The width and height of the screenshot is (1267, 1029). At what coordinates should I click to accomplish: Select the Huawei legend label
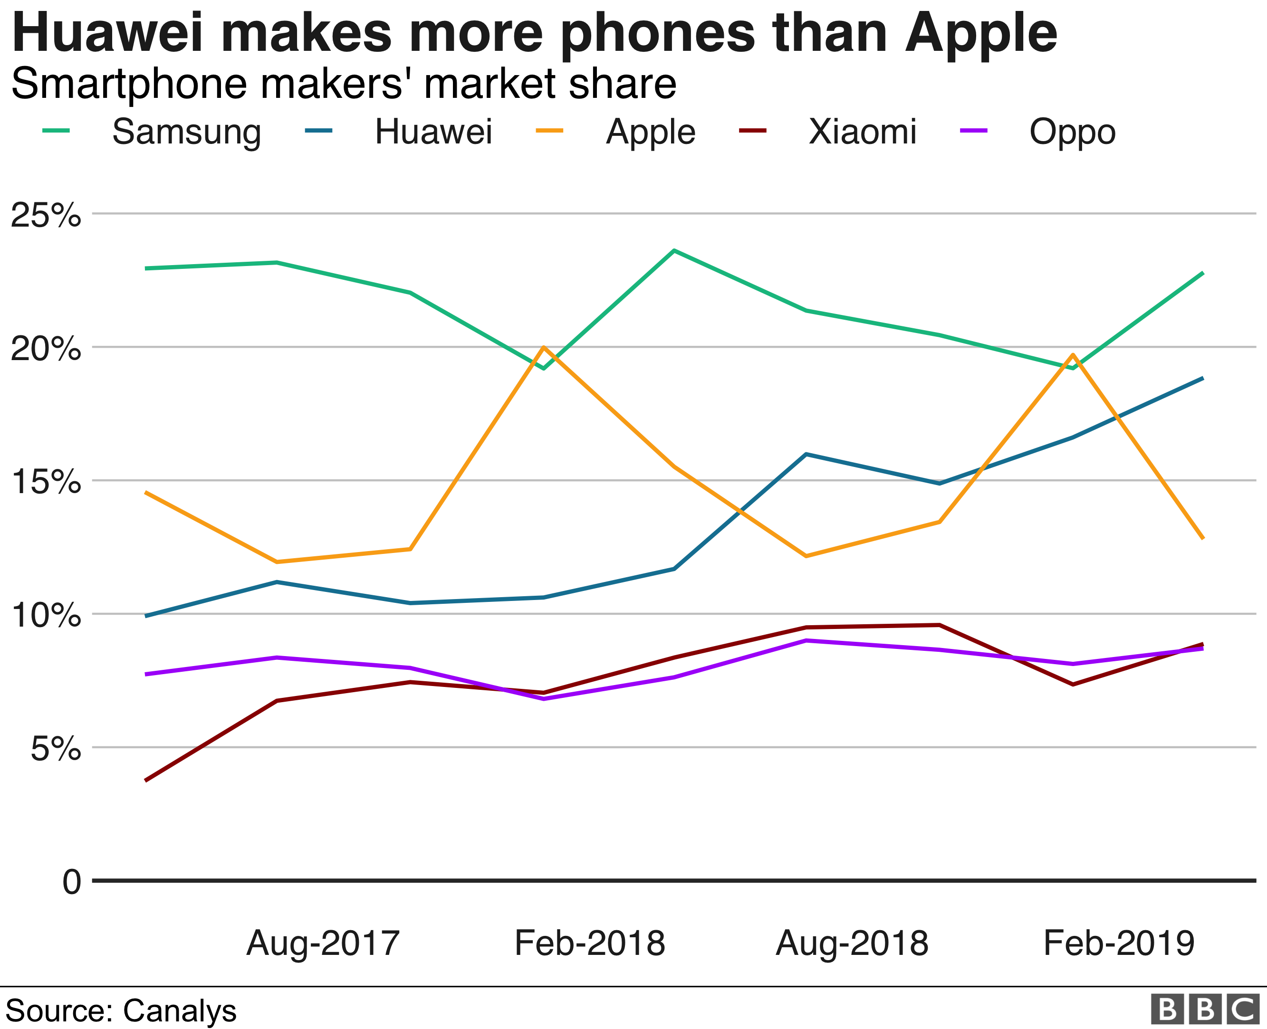(433, 132)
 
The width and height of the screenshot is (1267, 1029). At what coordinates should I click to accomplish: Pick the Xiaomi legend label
(862, 132)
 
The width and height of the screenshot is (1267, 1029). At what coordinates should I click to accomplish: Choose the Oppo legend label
(1072, 133)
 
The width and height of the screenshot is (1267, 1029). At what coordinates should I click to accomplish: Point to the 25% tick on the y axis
(46, 215)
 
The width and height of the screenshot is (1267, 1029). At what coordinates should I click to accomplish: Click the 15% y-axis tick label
(46, 481)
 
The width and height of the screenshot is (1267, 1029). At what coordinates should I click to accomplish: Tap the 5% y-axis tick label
(55, 749)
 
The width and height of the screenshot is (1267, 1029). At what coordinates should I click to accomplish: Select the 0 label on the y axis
(71, 882)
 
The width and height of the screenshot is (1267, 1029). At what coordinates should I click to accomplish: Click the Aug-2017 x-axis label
(323, 943)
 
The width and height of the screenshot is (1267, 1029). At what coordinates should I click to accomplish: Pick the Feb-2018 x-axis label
(589, 943)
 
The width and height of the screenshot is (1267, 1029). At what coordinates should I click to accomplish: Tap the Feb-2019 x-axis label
(1118, 943)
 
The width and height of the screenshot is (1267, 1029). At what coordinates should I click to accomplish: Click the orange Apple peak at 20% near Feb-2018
(543, 347)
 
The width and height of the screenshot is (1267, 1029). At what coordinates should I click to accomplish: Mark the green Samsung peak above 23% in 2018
(674, 251)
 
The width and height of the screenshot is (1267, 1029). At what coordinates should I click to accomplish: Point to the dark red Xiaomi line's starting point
(146, 780)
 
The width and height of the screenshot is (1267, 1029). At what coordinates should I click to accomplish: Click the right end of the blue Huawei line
(1202, 378)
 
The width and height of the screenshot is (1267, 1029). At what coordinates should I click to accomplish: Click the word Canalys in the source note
(180, 1010)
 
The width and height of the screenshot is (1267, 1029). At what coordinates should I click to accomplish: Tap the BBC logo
(1204, 1010)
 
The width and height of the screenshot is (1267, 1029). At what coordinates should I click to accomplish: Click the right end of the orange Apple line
(1202, 538)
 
